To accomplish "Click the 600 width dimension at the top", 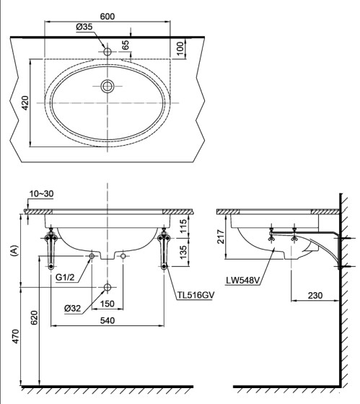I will pyautogui.click(x=107, y=16).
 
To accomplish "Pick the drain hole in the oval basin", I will pyautogui.click(x=107, y=87).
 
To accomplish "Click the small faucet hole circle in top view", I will pyautogui.click(x=107, y=52).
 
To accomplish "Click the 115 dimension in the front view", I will pyautogui.click(x=183, y=226).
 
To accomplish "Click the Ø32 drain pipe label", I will pyautogui.click(x=72, y=308).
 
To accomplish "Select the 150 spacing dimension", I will pyautogui.click(x=107, y=304).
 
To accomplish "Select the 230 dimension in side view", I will pyautogui.click(x=315, y=294).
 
